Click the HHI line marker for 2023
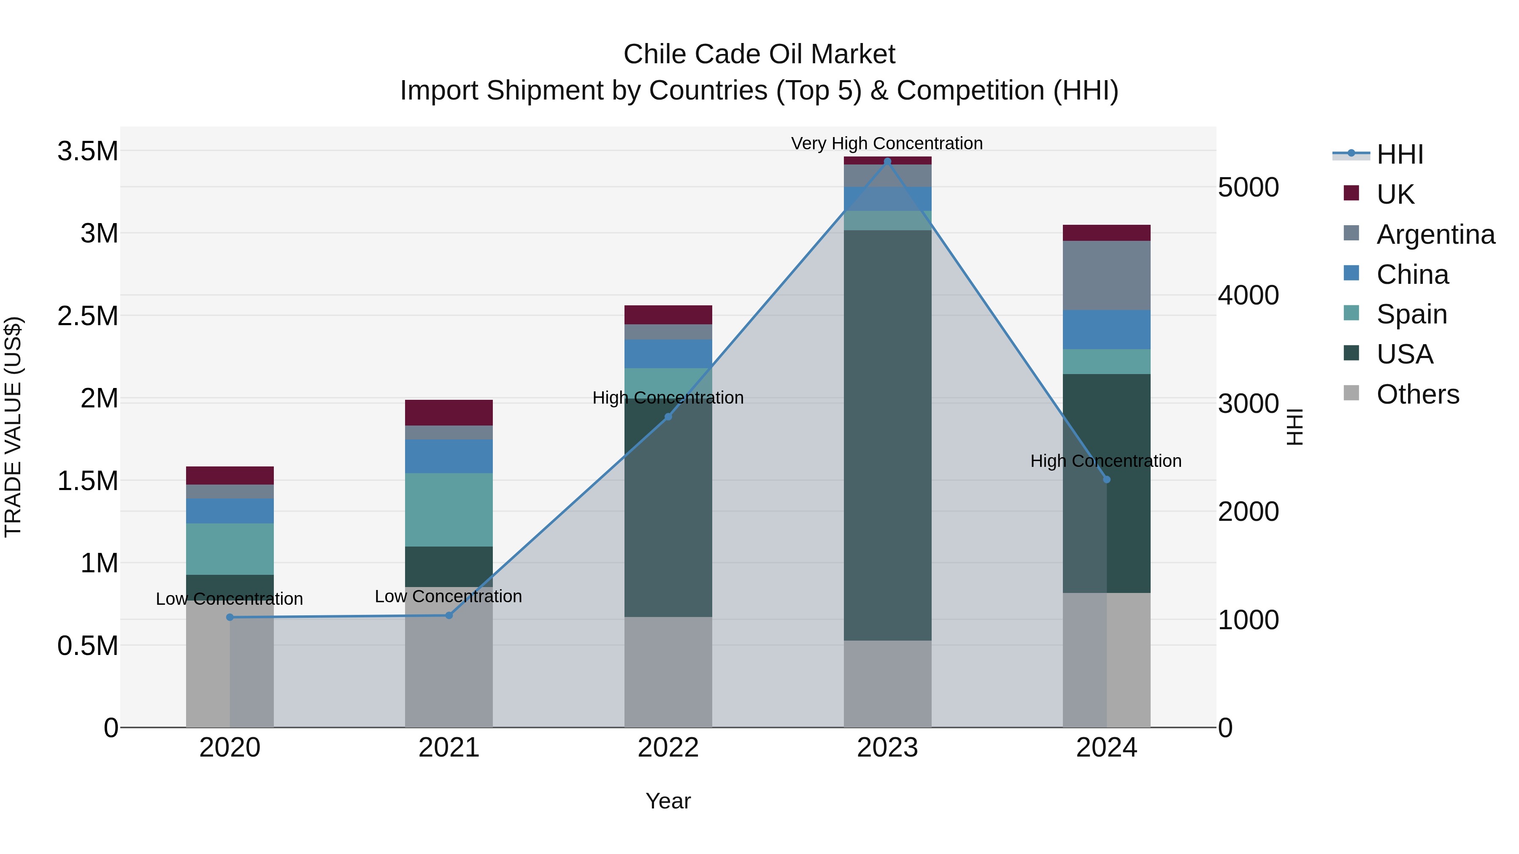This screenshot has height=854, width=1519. pyautogui.click(x=887, y=161)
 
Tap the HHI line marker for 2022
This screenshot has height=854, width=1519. pyautogui.click(x=668, y=417)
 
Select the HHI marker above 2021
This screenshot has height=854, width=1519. pyautogui.click(x=449, y=615)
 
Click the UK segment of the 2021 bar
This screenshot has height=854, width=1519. pyautogui.click(x=449, y=412)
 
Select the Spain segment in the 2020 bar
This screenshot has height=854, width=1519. pyautogui.click(x=230, y=549)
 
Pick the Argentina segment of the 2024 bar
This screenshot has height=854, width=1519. pyautogui.click(x=1107, y=275)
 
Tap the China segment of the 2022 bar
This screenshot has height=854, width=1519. pyautogui.click(x=668, y=354)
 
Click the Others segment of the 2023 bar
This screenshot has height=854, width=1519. pyautogui.click(x=887, y=684)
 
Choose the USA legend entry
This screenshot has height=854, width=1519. pyautogui.click(x=1405, y=354)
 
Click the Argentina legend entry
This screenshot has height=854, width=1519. pyautogui.click(x=1435, y=234)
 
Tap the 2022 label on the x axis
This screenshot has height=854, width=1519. pyautogui.click(x=668, y=748)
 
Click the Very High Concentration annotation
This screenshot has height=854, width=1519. pyautogui.click(x=887, y=143)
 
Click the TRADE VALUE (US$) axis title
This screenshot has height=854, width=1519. pyautogui.click(x=13, y=427)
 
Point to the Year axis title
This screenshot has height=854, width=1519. pyautogui.click(x=668, y=801)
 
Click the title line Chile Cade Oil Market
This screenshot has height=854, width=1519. pyautogui.click(x=759, y=54)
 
